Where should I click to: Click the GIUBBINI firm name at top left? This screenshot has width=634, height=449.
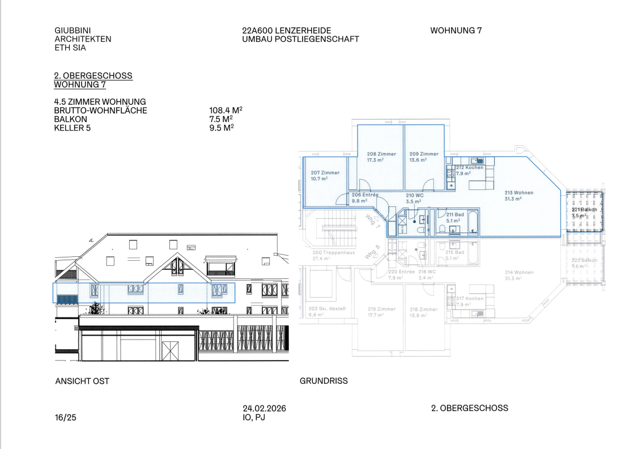point(73,31)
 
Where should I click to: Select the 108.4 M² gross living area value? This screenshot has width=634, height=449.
point(226,111)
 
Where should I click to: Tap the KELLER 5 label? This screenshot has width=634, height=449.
point(72,128)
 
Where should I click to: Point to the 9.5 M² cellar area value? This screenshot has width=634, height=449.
point(222,128)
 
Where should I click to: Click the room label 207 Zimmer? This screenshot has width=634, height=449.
point(325,173)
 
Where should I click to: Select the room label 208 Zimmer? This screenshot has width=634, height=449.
point(381,154)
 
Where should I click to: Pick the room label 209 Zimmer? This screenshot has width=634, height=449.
point(424,154)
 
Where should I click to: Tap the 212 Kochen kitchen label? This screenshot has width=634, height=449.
point(470,168)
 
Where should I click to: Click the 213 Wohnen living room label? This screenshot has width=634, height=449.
point(518,193)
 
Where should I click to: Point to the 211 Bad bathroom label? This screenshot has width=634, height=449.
point(455,215)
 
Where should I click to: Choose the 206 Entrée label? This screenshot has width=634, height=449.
point(365,195)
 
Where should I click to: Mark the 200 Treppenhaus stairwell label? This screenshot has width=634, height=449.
point(334,252)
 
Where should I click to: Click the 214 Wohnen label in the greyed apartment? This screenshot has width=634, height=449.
point(519,273)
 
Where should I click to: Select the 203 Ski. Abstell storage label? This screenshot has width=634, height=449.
point(327,309)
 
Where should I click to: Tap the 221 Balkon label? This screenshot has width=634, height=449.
point(584,210)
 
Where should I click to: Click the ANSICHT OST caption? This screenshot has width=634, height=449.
point(82,381)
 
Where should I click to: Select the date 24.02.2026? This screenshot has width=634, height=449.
point(264,409)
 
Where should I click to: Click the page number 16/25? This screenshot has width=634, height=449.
point(65,418)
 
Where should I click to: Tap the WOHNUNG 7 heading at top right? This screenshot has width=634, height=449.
point(456,31)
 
